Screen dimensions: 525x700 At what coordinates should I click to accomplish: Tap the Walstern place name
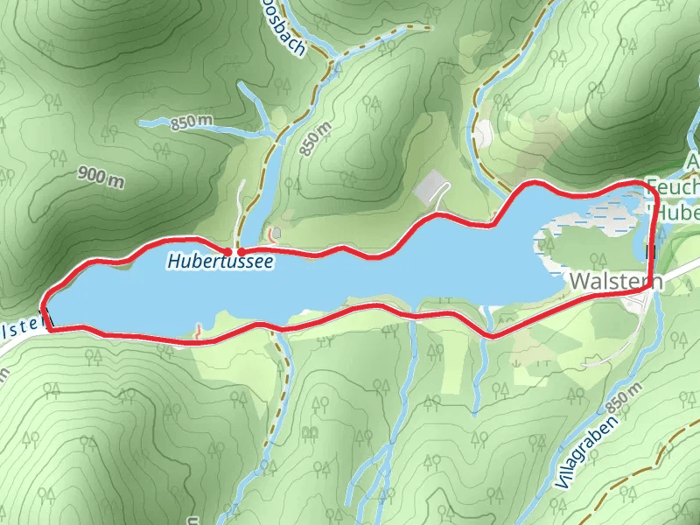616,281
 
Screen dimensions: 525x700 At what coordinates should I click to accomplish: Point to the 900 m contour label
101,177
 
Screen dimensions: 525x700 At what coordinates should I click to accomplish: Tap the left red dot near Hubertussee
229,252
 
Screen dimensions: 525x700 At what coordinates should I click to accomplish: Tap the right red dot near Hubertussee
241,252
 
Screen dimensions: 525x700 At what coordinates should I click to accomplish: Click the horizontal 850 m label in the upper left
192,122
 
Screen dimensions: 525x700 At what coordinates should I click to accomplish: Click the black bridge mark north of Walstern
650,252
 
